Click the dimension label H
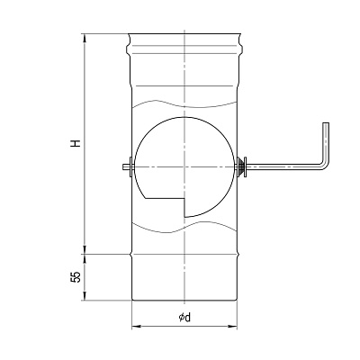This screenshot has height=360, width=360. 76,143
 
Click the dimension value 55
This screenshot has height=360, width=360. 76,277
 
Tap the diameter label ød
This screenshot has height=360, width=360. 184,317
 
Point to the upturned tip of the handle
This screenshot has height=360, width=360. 326,123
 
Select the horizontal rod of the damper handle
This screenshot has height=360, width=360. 283,166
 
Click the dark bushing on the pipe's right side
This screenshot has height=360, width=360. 240,166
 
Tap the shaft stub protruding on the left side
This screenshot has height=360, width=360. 126,166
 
